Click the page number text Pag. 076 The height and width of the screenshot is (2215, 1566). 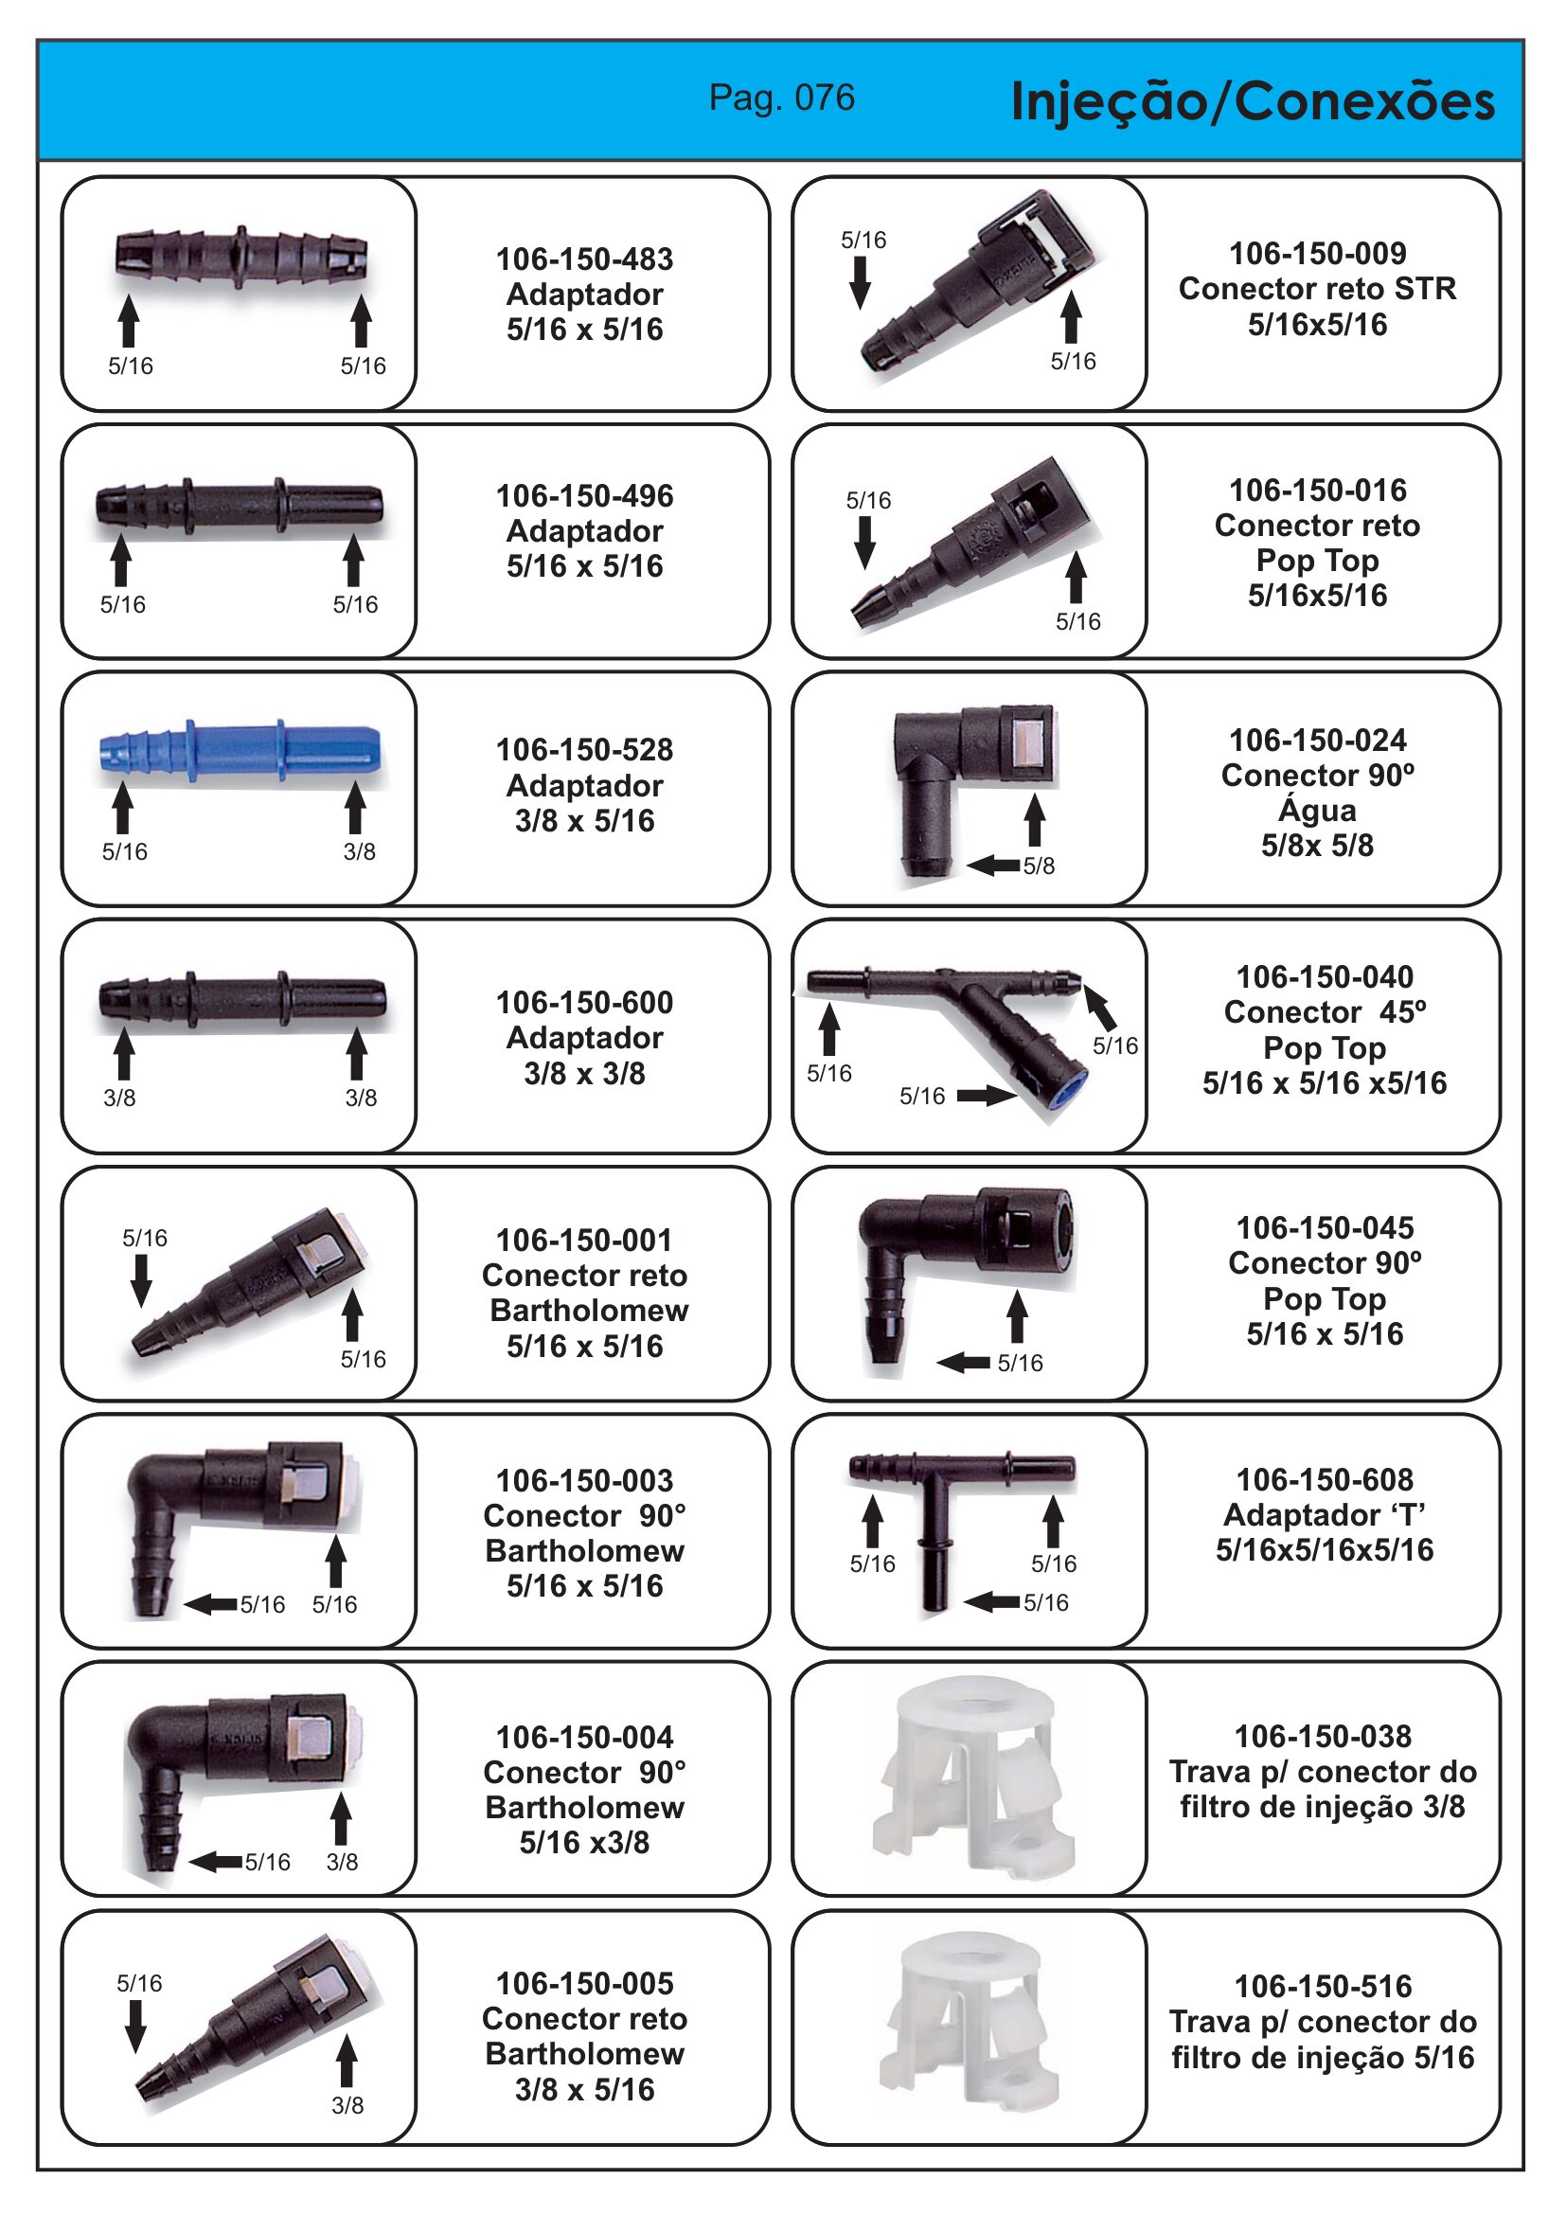tap(781, 98)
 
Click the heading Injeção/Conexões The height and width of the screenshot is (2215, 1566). tap(1253, 101)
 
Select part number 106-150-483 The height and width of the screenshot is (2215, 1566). tap(584, 259)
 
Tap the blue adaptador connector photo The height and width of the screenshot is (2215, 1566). tap(240, 751)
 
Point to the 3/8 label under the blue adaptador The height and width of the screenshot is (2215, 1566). tap(359, 851)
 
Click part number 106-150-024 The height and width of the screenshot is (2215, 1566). tap(1317, 740)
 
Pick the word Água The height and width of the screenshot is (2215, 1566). tap(1317, 809)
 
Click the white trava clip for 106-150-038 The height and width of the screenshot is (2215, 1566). tap(973, 1779)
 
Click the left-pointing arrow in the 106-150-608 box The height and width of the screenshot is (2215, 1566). tap(992, 1602)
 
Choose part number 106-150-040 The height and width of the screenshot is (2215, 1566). tap(1325, 976)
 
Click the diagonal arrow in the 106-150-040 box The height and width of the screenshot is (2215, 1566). tap(1100, 1008)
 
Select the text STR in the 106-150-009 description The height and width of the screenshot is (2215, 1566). tap(1425, 289)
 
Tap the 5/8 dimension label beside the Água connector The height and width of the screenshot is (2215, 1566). tap(1039, 866)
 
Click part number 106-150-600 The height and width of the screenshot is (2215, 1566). tap(584, 1002)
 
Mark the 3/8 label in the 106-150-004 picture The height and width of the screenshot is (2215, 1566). tap(342, 1862)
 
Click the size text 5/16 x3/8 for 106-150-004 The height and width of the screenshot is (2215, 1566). tap(584, 1843)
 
